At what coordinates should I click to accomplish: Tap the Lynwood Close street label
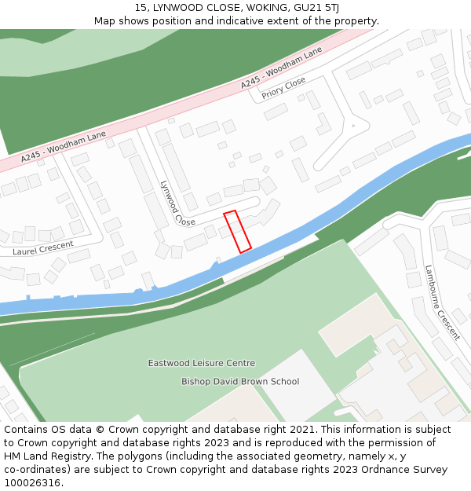[177, 203]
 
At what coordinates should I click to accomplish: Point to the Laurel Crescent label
[42, 251]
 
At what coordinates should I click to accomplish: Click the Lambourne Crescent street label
[442, 302]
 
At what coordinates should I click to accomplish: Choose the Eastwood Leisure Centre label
[202, 363]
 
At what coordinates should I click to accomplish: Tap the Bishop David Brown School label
[240, 382]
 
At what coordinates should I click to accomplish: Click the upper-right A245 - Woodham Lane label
[281, 67]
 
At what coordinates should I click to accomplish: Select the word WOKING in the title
[250, 8]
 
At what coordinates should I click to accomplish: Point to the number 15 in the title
[141, 8]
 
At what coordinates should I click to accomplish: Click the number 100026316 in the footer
[32, 483]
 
